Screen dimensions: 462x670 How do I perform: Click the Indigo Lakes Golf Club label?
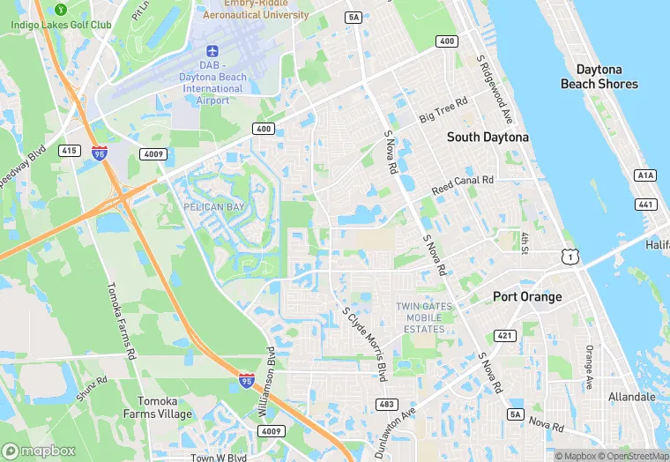pyautogui.click(x=61, y=25)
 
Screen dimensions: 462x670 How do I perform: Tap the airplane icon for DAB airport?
pyautogui.click(x=212, y=52)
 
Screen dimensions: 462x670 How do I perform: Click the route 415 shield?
pyautogui.click(x=67, y=151)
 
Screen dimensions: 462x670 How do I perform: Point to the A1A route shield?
pyautogui.click(x=645, y=175)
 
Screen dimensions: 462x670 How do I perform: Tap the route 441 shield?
pyautogui.click(x=645, y=205)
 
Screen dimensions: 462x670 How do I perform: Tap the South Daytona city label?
pyautogui.click(x=488, y=138)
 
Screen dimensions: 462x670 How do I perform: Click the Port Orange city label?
pyautogui.click(x=527, y=297)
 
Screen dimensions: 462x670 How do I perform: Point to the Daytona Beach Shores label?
pyautogui.click(x=599, y=77)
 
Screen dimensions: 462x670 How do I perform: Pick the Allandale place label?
pyautogui.click(x=631, y=397)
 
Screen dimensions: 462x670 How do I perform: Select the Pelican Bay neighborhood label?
pyautogui.click(x=212, y=206)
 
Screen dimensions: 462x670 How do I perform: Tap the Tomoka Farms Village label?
pyautogui.click(x=158, y=407)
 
